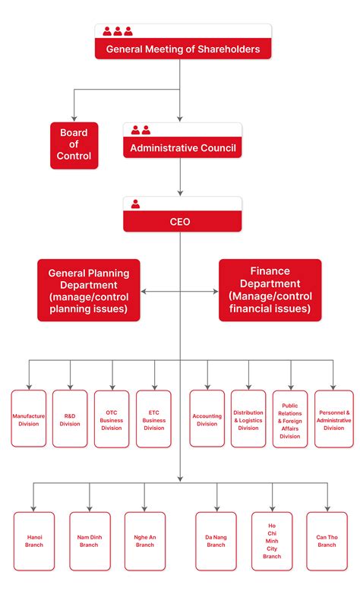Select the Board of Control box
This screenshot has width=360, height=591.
pos(74,145)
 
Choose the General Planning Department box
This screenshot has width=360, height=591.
pos(89,290)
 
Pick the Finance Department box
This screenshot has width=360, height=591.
pos(270,289)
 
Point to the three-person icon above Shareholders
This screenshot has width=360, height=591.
pos(118,31)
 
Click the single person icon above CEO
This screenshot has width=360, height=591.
pos(136,204)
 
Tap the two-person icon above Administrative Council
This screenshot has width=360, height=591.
pos(141,130)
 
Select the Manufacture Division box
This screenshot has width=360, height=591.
pos(29,419)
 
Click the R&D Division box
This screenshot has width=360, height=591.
pos(71,419)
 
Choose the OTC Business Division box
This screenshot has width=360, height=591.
pos(112,419)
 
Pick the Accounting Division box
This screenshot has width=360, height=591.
pos(207,419)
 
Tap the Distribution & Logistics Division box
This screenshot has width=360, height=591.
pos(248,419)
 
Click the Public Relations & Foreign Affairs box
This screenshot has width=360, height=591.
pos(290,419)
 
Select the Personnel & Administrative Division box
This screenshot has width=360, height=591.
pos(333,419)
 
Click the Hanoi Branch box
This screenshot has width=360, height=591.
pos(34,540)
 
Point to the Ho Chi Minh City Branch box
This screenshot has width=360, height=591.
pos(272,540)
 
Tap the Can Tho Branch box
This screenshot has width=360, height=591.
pos(327,540)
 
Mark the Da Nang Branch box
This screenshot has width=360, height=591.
pos(216,540)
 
